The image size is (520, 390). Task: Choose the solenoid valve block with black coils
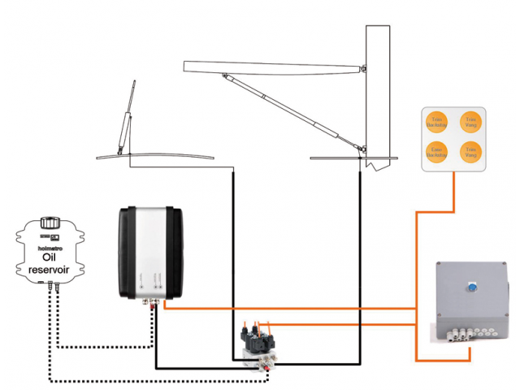click(258, 341)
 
